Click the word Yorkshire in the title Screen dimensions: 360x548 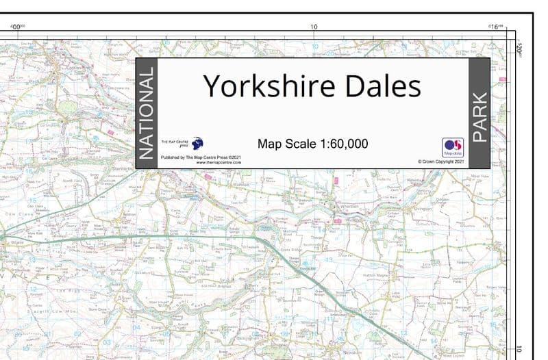(x=260, y=86)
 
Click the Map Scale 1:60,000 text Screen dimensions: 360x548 (x=312, y=144)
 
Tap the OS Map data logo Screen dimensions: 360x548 (x=453, y=148)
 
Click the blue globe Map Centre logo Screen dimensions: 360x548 (x=197, y=143)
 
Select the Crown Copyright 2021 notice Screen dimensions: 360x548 (x=441, y=162)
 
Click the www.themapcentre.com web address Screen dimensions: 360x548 (x=219, y=163)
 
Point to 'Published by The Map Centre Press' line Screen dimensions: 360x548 (x=200, y=157)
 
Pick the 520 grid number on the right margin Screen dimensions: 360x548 (x=521, y=49)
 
